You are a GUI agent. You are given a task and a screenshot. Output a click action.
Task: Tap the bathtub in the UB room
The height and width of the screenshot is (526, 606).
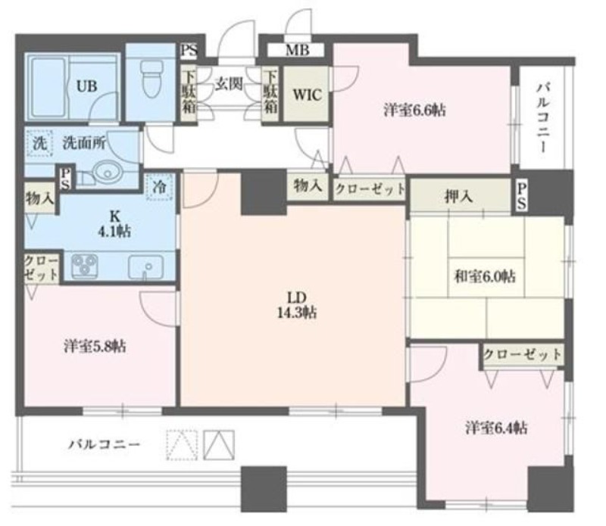[48, 87]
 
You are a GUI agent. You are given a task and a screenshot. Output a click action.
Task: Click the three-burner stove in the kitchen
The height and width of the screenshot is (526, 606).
[85, 266]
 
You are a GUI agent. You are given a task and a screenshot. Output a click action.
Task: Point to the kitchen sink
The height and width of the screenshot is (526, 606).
[145, 266]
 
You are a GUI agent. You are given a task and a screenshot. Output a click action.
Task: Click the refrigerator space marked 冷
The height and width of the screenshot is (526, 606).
[159, 187]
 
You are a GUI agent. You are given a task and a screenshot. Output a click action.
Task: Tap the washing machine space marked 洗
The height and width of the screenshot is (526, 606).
[39, 143]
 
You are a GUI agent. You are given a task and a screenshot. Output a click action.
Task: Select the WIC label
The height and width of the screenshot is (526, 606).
[307, 95]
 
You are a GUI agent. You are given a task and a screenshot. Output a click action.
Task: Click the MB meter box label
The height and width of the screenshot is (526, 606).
[297, 50]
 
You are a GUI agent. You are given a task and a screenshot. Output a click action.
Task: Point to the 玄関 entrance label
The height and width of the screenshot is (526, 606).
[229, 84]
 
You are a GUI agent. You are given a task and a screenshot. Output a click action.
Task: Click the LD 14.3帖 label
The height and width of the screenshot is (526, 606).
[297, 305]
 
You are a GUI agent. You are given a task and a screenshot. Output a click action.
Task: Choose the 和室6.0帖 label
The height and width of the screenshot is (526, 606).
[484, 276]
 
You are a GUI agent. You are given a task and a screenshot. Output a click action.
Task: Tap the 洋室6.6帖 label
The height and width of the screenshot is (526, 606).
[414, 110]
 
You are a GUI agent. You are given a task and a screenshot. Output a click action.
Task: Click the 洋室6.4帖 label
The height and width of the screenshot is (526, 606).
[496, 428]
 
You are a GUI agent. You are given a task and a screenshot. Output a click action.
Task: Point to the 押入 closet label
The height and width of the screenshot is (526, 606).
[459, 197]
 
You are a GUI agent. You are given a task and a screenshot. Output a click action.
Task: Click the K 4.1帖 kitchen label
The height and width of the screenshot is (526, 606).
[115, 223]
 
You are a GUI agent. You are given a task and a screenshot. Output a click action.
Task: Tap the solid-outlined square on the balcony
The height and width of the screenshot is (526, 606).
[219, 445]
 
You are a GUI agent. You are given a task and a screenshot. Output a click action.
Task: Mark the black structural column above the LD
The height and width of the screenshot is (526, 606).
[264, 192]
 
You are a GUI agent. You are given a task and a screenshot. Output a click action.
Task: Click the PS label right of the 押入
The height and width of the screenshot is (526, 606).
[521, 197]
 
